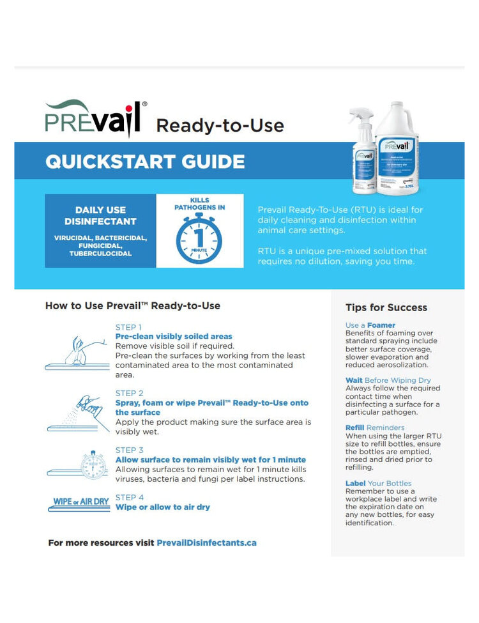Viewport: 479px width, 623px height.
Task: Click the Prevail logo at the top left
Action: coord(96,118)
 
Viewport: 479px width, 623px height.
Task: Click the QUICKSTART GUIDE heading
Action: coord(145,161)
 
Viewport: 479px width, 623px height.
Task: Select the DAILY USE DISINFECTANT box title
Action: coord(100,215)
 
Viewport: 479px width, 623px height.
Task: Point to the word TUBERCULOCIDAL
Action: coord(100,254)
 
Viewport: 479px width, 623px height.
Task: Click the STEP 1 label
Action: coord(128,327)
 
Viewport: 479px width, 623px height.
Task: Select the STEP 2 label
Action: coord(129,393)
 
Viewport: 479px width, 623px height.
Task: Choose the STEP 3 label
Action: coord(129,450)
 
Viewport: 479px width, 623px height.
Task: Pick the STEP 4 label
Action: coord(129,497)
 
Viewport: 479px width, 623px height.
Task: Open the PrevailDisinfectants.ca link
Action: coord(206,542)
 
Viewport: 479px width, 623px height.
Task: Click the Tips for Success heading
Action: coord(386,307)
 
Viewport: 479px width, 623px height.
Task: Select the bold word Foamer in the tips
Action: coord(381,325)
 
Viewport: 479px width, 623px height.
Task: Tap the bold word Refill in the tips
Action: coord(355,427)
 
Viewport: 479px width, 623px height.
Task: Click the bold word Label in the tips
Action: coord(355,483)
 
